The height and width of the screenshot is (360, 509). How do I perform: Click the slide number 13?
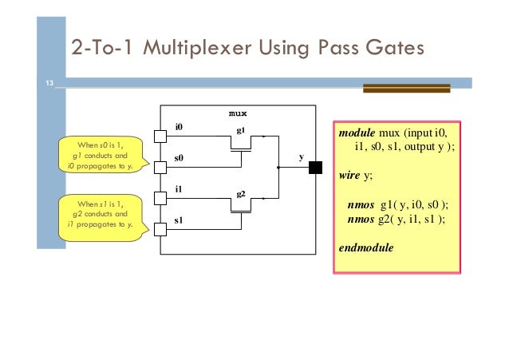point(49,83)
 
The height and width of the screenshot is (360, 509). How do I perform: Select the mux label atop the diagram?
point(238,114)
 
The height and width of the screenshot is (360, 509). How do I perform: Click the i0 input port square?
point(160,136)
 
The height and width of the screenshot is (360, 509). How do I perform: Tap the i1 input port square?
point(160,199)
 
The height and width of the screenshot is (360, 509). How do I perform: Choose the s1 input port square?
point(160,230)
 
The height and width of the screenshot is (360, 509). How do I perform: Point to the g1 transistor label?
point(240,129)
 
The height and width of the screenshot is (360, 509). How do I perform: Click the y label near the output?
point(301,157)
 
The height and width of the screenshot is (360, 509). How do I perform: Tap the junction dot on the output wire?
point(278,168)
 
